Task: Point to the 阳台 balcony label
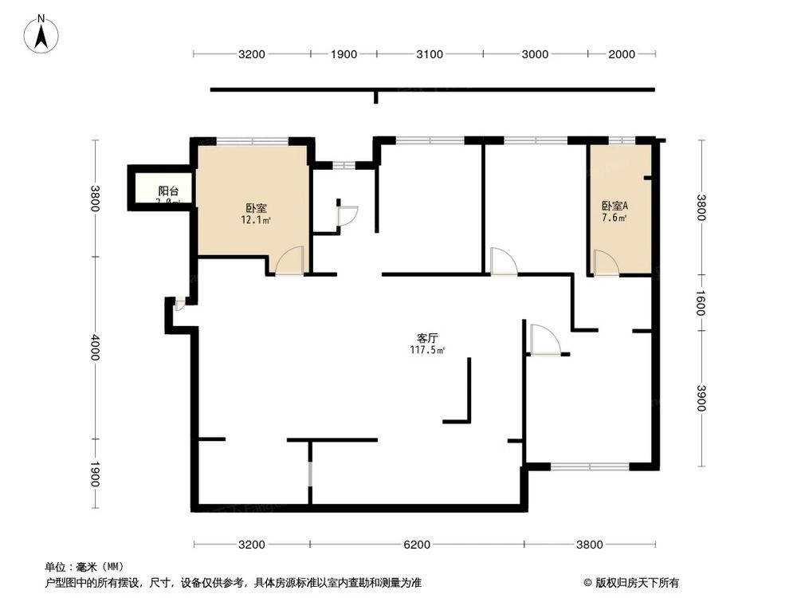[x=168, y=191]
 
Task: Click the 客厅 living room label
[x=427, y=338]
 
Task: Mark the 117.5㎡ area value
[x=427, y=350]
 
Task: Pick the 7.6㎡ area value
[x=614, y=218]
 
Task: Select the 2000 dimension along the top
[x=622, y=54]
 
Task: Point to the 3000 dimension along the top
[x=535, y=54]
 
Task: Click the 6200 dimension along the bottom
[x=416, y=545]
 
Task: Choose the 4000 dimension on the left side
[x=96, y=347]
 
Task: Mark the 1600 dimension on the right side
[x=701, y=302]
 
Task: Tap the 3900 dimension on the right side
[x=701, y=398]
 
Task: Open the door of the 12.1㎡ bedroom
[x=290, y=262]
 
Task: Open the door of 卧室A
[x=606, y=263]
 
